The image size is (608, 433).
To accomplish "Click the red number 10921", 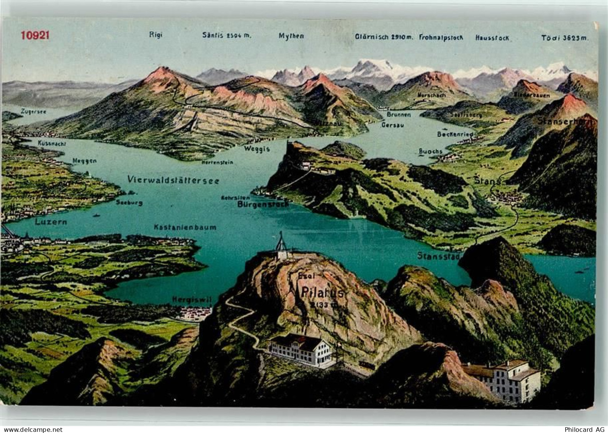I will (35, 35).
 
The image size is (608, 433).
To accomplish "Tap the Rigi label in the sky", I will (156, 35).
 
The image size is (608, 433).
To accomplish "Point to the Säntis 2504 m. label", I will (227, 35).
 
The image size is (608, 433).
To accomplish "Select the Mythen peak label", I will (291, 36).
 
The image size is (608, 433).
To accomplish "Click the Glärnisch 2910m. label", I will (384, 37).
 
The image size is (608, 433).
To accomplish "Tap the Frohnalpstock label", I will (441, 38).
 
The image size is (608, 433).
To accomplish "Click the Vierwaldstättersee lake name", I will (173, 180).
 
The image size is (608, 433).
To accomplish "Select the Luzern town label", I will (51, 222).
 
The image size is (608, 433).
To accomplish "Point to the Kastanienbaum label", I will (185, 227).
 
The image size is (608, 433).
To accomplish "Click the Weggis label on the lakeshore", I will (257, 149).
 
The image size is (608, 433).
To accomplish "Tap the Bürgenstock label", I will (263, 204).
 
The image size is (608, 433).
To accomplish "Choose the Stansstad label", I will (438, 255).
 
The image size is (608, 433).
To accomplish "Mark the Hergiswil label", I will (192, 299).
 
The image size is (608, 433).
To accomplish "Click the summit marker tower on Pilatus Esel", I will (282, 245).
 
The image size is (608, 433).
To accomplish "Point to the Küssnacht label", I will (52, 143).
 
